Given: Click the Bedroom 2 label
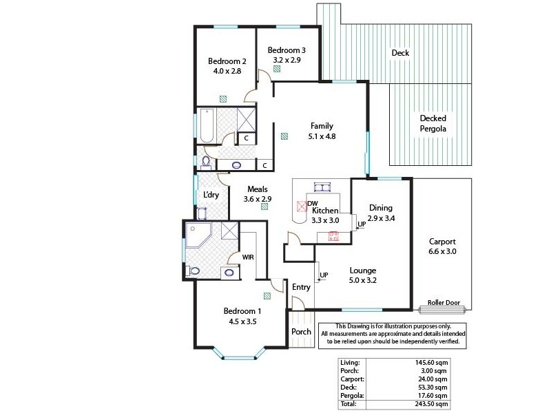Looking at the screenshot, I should point(227,61).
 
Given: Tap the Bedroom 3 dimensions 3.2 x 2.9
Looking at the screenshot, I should point(287,61).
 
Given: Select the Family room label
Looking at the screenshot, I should point(322,126).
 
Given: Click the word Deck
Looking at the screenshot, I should point(400,53).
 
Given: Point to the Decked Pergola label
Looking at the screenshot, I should point(433,123).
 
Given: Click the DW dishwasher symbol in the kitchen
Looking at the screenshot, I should point(302,205).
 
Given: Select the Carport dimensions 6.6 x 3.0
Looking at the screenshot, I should point(442,252).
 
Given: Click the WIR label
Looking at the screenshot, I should point(247,257).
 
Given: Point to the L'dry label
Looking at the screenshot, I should point(211,195).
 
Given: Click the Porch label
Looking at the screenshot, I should point(301,331).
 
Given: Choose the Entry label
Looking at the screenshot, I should point(301,287).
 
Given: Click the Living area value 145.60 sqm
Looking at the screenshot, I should point(434,362).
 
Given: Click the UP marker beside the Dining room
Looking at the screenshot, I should point(361,224).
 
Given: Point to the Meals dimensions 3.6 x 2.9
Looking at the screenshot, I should point(257,199).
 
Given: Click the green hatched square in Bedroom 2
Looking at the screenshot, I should point(223,98).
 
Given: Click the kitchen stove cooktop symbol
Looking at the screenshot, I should point(334,235).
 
